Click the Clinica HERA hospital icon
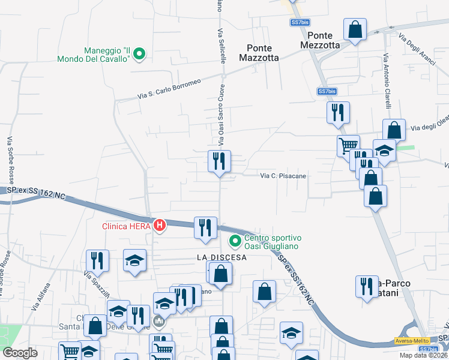pos(160,226)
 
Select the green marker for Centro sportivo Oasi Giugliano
pos(235,242)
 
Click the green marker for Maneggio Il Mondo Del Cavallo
pos(139,54)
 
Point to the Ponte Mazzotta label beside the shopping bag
pos(324,40)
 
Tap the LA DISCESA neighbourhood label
pos(221,257)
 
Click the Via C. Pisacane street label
pos(283,176)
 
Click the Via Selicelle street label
pos(221,47)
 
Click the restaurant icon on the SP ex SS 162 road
pos(205,227)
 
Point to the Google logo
pos(20,352)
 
